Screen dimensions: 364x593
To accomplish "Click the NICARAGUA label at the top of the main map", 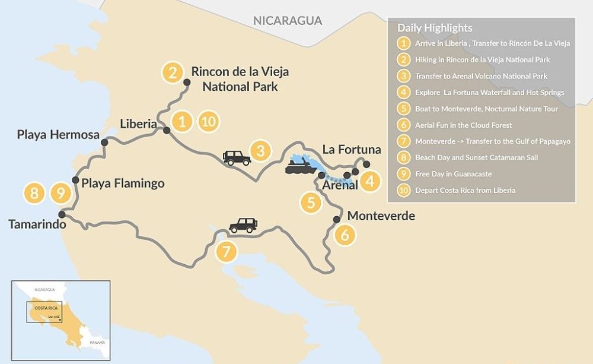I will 288,21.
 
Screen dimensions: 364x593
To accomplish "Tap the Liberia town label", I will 138,124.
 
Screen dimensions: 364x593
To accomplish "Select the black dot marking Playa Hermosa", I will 104,143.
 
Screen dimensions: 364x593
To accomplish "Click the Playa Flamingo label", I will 123,183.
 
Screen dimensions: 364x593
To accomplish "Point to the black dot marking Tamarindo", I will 62,214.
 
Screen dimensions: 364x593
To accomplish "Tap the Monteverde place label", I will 381,216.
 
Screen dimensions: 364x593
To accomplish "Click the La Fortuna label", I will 352,149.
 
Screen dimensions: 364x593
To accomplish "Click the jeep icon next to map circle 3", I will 237,157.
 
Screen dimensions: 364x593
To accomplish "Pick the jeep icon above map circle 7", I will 243,225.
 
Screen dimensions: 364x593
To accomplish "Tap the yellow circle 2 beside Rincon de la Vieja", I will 172,73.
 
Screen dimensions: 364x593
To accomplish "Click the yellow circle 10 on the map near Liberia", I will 208,122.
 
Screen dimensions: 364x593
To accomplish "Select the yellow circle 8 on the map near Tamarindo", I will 34,193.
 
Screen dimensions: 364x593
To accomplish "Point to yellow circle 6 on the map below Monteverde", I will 345,235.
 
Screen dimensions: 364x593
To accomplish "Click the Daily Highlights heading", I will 435,28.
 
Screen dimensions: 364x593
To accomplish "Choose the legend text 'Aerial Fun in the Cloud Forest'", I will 463,125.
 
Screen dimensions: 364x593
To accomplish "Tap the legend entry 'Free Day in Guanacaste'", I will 453,174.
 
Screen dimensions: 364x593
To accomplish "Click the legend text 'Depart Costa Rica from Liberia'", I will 465,191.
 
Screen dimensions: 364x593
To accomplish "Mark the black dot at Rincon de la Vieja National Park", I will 186,83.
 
